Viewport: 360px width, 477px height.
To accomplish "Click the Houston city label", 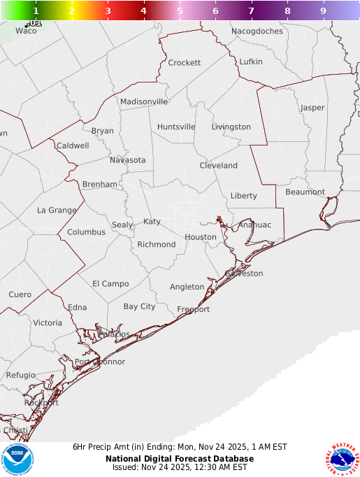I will click(201, 237).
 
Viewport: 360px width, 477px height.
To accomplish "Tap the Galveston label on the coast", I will click(244, 273).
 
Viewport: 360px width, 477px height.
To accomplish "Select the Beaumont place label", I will click(305, 192).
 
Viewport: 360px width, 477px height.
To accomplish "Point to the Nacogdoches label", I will click(257, 31).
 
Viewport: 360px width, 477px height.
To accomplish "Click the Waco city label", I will click(25, 31).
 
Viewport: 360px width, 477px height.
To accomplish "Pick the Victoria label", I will click(48, 323).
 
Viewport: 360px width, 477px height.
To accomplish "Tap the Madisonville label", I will click(144, 101).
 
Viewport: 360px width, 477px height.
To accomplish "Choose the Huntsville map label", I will click(176, 127).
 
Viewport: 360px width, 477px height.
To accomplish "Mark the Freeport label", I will click(193, 309).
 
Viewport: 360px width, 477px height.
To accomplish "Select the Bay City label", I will click(139, 306).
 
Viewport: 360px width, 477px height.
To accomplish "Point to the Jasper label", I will click(312, 108).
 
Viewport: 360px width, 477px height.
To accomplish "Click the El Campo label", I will click(110, 283).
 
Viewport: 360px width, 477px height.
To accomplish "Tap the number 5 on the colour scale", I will click(180, 11).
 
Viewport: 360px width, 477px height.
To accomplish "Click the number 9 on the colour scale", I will click(323, 11).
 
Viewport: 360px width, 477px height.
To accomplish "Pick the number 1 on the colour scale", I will click(36, 11).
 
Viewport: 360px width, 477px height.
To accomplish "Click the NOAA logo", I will click(17, 460).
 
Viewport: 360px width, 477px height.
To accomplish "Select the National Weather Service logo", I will click(342, 460).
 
